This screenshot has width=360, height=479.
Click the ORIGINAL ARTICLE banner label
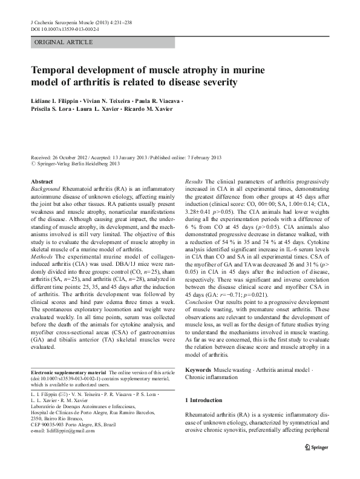[64, 42]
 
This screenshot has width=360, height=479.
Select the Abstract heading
[42, 181]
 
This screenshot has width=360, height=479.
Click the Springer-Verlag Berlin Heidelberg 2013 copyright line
[76, 164]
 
